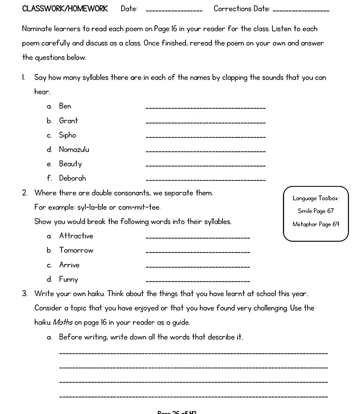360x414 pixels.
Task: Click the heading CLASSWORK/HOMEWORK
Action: tap(65, 9)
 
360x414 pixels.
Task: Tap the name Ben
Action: tap(65, 106)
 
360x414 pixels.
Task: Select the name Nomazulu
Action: tap(74, 149)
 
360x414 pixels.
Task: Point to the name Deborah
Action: tap(73, 178)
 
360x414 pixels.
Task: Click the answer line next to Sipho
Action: tap(205, 137)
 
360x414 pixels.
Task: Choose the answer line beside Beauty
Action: tap(205, 166)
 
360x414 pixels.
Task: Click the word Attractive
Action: tap(76, 236)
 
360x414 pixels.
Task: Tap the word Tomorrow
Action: tap(76, 250)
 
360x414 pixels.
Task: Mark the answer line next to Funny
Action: tap(198, 281)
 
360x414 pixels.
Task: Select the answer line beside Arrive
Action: tap(198, 267)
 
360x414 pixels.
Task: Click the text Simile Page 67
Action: tap(315, 211)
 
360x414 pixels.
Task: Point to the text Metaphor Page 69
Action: tap(315, 224)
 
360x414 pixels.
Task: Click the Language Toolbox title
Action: tap(315, 198)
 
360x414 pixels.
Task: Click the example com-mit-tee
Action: tap(139, 208)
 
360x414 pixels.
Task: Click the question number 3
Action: tap(25, 294)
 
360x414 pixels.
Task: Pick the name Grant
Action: tap(68, 121)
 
